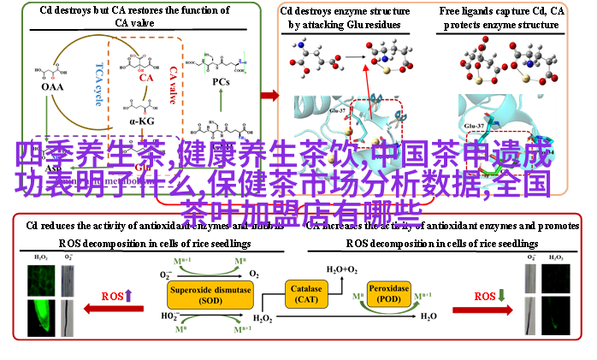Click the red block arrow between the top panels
click(269, 95)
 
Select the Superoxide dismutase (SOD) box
click(210, 295)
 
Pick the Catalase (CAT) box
click(306, 295)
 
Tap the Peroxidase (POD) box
click(389, 294)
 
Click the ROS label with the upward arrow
click(117, 296)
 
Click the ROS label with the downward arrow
click(490, 296)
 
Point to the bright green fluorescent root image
click(40, 308)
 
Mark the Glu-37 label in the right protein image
click(476, 127)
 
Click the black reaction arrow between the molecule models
click(353, 58)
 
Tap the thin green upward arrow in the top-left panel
click(221, 99)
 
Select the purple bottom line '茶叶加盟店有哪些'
click(301, 214)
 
